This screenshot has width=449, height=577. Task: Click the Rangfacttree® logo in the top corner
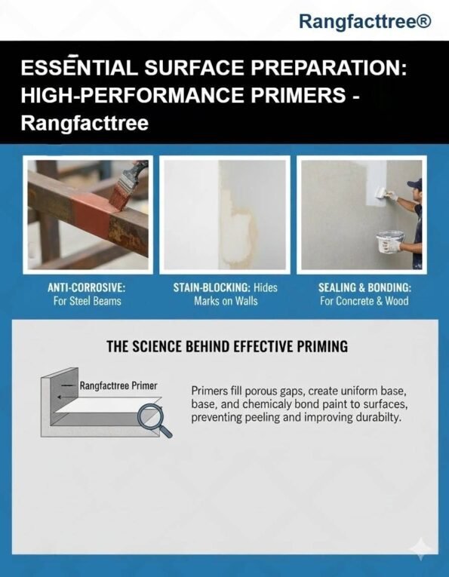[364, 21]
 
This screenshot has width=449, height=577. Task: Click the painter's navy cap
[415, 183]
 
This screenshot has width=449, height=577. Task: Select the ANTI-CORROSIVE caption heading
[87, 287]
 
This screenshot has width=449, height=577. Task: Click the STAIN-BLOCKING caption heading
[212, 287]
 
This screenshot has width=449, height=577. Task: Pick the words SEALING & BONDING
[364, 287]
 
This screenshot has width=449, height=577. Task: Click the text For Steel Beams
[88, 301]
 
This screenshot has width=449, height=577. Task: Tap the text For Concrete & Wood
[364, 301]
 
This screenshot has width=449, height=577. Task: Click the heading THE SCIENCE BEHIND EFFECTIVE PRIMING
[227, 347]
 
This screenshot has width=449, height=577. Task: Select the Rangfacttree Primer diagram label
[118, 385]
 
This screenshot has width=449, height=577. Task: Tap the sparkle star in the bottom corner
[421, 549]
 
